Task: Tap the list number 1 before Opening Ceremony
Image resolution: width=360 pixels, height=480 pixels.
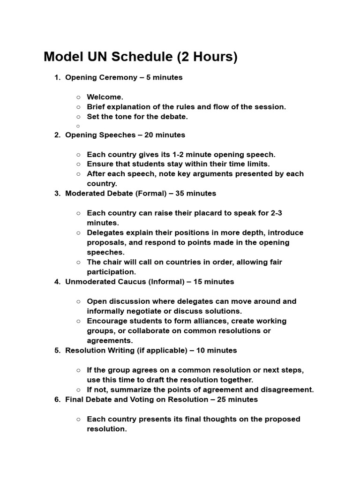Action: pyautogui.click(x=57, y=77)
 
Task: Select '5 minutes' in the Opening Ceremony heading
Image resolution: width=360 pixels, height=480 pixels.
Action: pyautogui.click(x=165, y=77)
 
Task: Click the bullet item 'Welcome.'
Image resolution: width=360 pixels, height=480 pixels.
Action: pyautogui.click(x=105, y=97)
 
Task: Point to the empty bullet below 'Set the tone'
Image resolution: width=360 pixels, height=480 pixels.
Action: pyautogui.click(x=79, y=126)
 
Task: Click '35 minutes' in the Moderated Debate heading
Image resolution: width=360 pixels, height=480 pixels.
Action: pyautogui.click(x=195, y=193)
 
